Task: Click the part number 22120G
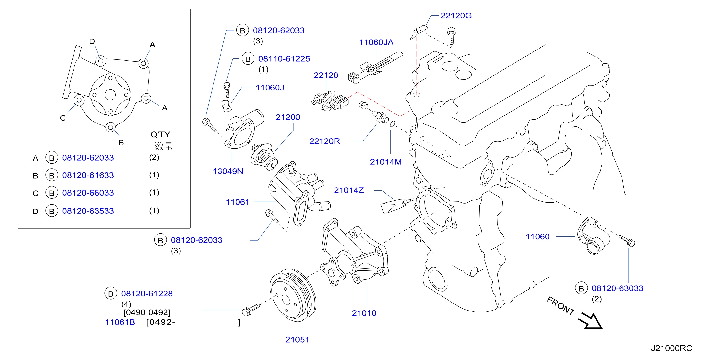[456, 16]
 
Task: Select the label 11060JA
[376, 42]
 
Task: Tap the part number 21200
[288, 117]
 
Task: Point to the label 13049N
[228, 171]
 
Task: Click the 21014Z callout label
[349, 190]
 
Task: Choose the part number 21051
[297, 340]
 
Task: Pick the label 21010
[364, 313]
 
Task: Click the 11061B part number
[120, 322]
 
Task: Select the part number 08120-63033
[617, 288]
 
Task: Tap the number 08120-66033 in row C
[88, 193]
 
